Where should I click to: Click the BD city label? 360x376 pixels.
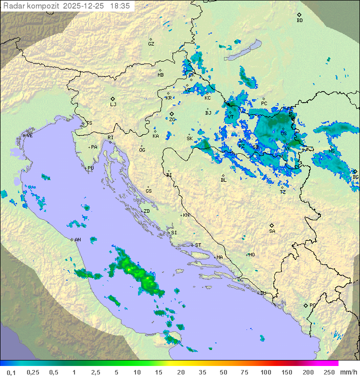pos(299,21)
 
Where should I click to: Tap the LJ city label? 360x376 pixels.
pos(113,105)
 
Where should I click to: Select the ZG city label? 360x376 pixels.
pos(172,120)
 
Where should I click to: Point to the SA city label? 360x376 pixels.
pos(272,231)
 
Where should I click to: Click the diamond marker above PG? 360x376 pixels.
pos(305,305)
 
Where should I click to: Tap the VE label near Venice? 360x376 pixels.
pos(29,136)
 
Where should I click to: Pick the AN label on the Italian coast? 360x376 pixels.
pos(77,240)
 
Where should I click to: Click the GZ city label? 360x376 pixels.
pos(151,44)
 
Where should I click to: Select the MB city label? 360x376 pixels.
pos(160,75)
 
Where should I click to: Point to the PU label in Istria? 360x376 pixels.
pos(90,168)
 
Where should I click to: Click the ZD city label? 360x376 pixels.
pos(146,211)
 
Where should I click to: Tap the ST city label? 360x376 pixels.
pos(198,245)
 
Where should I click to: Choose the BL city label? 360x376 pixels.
pos(223,180)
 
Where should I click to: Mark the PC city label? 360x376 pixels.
pos(264,104)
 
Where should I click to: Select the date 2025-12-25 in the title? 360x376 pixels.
pos(84,6)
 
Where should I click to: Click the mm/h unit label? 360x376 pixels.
pos(346,372)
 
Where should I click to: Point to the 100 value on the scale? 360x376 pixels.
pos(265,372)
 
